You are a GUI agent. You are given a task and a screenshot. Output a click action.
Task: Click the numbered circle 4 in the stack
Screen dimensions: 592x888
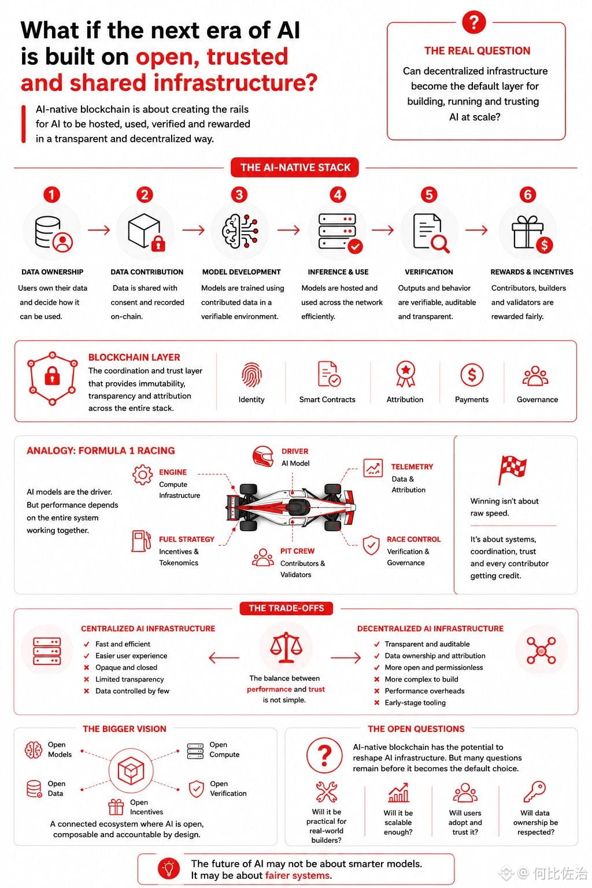[338, 195]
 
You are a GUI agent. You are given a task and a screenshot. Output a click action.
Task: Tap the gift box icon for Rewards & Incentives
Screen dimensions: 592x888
[527, 232]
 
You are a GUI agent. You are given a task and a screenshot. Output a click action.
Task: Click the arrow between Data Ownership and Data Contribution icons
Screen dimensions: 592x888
[99, 230]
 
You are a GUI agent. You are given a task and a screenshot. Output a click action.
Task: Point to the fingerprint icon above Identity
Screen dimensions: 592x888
[251, 375]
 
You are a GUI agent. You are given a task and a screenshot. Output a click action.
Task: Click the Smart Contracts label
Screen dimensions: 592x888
[327, 399]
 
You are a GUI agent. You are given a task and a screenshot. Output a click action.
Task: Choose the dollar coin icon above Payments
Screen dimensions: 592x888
[471, 375]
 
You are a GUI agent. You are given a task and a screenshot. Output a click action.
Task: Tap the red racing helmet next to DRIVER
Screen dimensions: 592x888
[263, 456]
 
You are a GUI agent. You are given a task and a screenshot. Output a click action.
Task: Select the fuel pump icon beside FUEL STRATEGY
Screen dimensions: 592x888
[141, 541]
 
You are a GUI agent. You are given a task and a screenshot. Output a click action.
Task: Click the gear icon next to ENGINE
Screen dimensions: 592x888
[142, 475]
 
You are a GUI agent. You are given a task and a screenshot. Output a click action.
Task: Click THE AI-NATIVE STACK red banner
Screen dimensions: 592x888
[295, 167]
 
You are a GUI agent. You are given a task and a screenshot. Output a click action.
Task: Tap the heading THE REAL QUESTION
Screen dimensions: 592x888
[477, 51]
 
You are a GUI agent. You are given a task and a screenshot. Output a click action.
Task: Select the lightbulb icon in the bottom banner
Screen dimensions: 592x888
[169, 868]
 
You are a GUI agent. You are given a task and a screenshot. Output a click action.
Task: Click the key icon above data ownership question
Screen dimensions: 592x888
[535, 791]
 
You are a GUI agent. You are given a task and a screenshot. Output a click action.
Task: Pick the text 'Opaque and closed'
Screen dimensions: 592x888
[126, 668]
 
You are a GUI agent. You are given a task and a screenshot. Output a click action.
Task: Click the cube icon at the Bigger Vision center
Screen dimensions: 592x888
[131, 770]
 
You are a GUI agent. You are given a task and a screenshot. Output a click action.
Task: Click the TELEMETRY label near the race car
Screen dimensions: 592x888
[412, 467]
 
